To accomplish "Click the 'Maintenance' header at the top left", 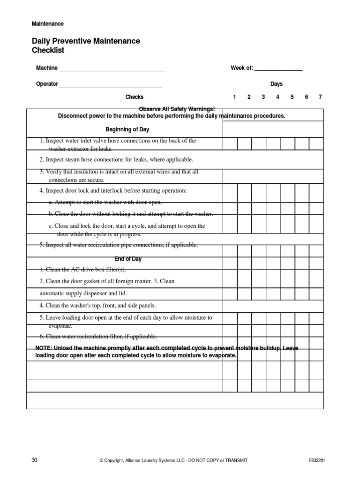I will (47, 23).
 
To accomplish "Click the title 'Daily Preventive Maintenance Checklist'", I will (85, 45).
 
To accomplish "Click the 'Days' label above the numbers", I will (277, 84).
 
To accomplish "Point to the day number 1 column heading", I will (234, 97).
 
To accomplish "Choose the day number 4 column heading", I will (277, 97).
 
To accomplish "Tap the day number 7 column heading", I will (320, 97).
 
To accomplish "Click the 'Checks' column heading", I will (134, 97).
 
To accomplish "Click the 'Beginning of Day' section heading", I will (127, 129).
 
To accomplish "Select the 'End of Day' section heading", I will (127, 259).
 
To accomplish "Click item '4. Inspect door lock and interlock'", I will (113, 190).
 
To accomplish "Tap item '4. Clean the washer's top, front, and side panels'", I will (97, 305).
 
